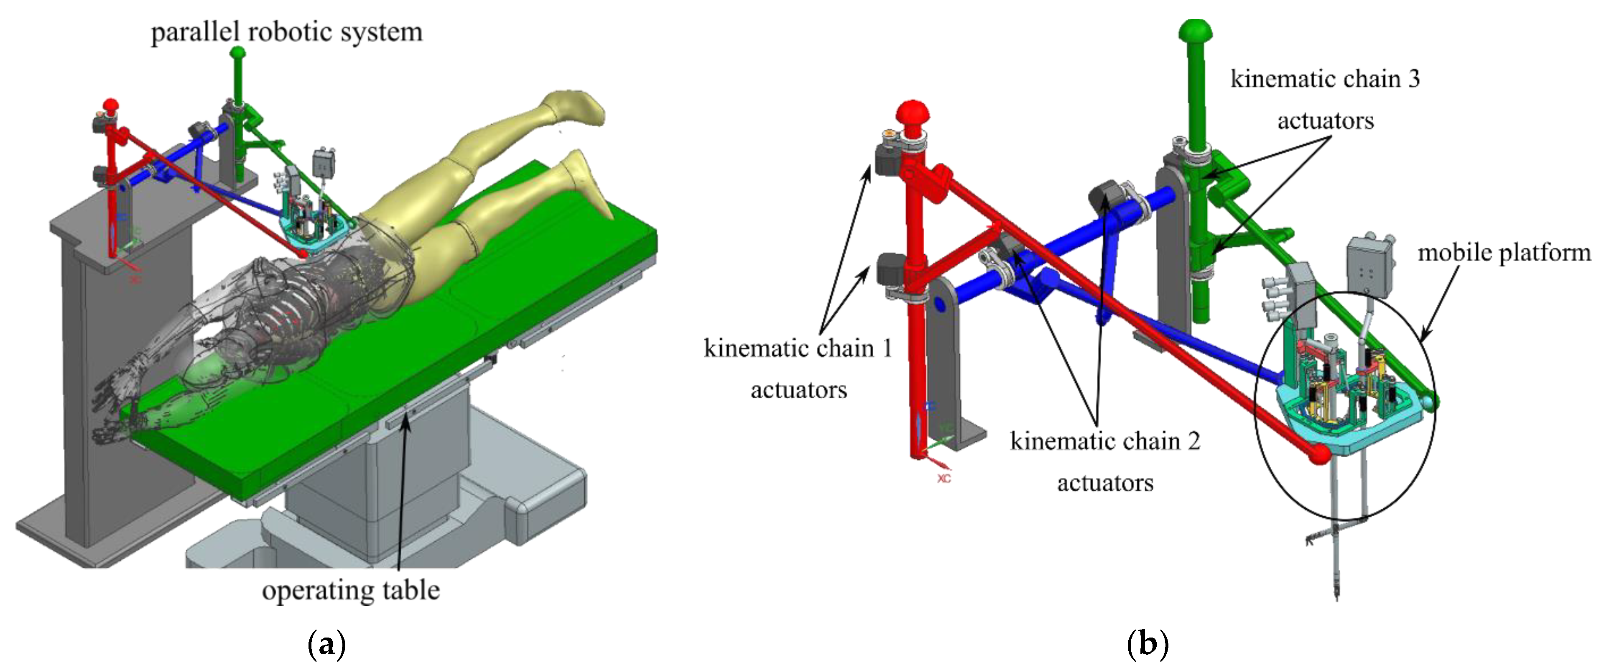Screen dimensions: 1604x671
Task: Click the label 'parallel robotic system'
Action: coord(286,31)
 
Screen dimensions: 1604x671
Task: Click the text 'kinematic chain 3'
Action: coord(1325,79)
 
